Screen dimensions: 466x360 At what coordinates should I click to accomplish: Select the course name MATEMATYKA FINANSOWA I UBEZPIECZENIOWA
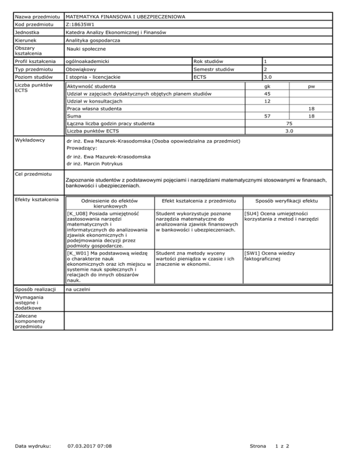pos(125,17)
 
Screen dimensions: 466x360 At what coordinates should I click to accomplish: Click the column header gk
pos(267,87)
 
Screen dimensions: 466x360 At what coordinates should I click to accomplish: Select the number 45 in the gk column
pos(268,94)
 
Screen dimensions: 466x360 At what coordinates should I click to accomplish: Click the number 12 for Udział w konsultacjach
pos(268,101)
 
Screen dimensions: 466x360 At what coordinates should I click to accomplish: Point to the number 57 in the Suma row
pos(268,116)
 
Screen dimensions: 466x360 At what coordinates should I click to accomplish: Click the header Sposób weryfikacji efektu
pos(286,200)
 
